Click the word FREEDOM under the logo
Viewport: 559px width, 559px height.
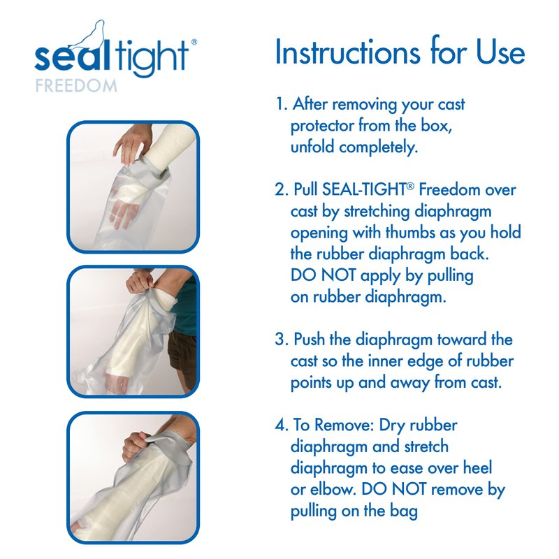(76, 86)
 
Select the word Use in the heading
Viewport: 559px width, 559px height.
(500, 53)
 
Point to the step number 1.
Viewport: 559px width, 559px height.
(281, 104)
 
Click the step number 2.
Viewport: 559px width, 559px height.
(282, 189)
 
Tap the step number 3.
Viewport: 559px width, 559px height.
(282, 340)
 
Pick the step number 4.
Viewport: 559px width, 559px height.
(282, 425)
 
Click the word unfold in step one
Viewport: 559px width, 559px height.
(312, 147)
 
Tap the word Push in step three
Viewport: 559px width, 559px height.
(309, 340)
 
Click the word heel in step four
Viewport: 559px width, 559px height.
(477, 467)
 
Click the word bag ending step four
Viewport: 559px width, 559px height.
(404, 511)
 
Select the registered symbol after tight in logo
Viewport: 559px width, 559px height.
(194, 42)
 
